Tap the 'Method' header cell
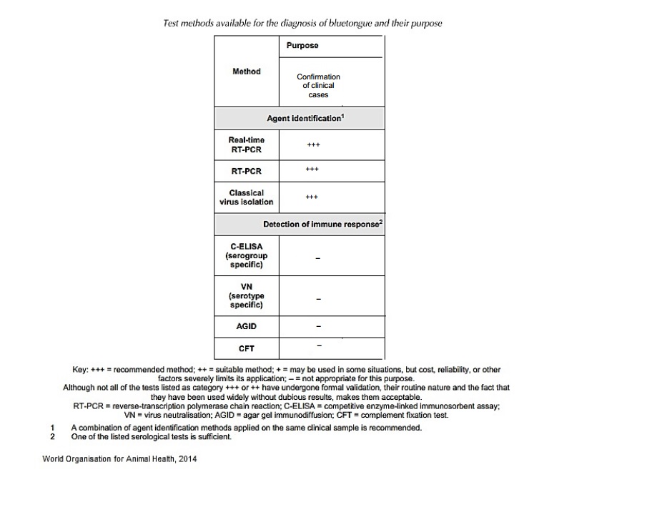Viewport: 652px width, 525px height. pos(247,71)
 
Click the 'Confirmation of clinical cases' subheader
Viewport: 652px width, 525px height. pos(318,85)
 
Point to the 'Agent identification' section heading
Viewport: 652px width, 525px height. pos(303,118)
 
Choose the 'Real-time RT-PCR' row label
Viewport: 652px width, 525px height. pos(247,144)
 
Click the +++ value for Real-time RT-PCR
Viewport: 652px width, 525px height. pos(313,144)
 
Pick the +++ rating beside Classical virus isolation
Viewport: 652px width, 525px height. pos(312,197)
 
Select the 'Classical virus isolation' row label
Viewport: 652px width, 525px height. pos(247,197)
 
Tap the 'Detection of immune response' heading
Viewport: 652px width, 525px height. pos(321,224)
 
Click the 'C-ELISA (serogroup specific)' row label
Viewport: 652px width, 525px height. pos(247,255)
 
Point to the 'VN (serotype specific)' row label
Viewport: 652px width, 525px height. pos(247,296)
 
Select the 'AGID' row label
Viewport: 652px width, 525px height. pos(247,326)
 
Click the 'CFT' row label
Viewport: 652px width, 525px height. pos(247,348)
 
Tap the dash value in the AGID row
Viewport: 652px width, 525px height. pos(318,327)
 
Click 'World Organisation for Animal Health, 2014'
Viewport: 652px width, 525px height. pos(119,458)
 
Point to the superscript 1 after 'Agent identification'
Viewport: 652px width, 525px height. pos(343,114)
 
